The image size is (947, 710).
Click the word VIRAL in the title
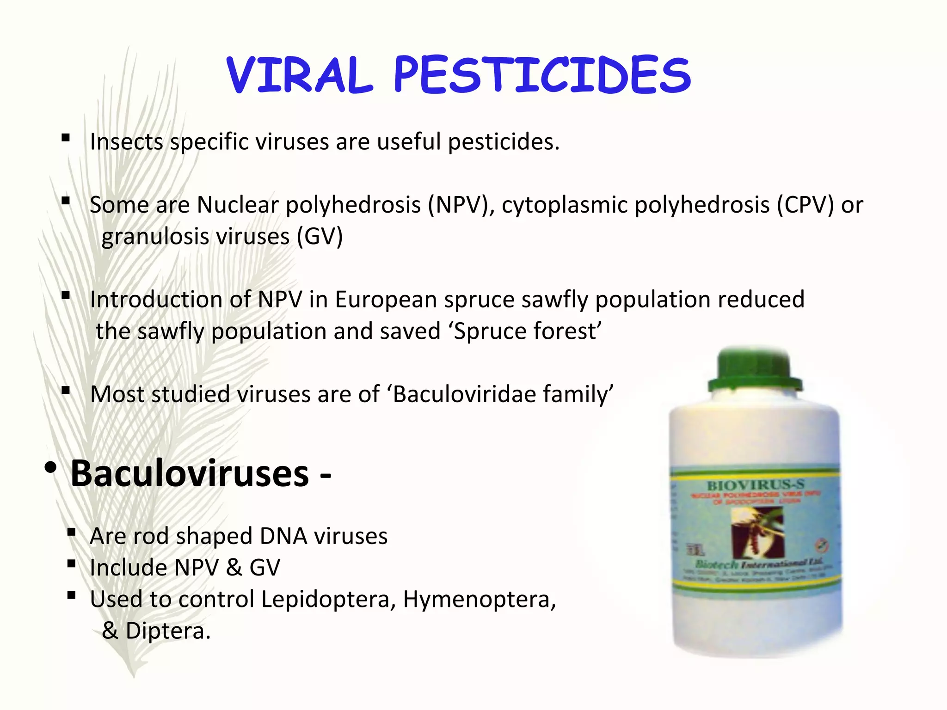(x=299, y=75)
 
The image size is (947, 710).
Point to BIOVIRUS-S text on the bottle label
(x=756, y=485)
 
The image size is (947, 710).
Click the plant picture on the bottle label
(x=756, y=532)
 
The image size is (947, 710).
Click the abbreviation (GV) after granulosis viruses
(x=320, y=237)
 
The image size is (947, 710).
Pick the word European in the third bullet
(x=386, y=300)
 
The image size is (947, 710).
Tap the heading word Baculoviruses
(x=190, y=473)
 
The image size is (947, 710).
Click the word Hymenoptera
(x=479, y=599)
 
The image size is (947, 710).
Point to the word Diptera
(x=168, y=631)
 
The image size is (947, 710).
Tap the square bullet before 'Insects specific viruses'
(x=66, y=138)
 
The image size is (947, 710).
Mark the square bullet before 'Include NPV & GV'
(x=71, y=563)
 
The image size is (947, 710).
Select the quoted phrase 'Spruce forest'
(x=527, y=331)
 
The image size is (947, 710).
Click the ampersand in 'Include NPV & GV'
(x=234, y=568)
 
